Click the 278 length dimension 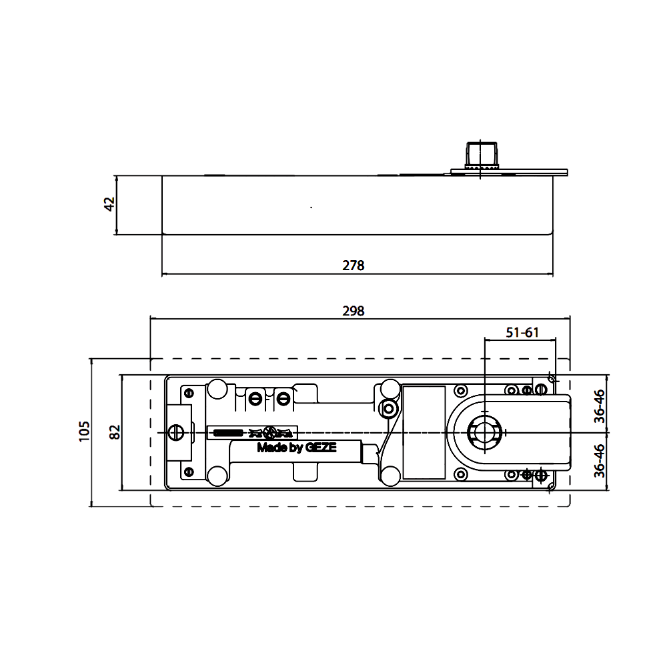[353, 265]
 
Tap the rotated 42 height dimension [108, 204]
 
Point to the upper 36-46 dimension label [600, 406]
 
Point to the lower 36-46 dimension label [600, 460]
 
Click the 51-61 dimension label [521, 333]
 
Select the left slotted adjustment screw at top [255, 399]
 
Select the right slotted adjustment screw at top [283, 399]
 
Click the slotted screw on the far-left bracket [176, 432]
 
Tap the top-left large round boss [217, 388]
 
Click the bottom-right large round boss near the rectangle [389, 475]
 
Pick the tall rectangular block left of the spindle [424, 432]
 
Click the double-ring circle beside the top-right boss [388, 408]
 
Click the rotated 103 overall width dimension [84, 432]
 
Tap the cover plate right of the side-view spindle [534, 172]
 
